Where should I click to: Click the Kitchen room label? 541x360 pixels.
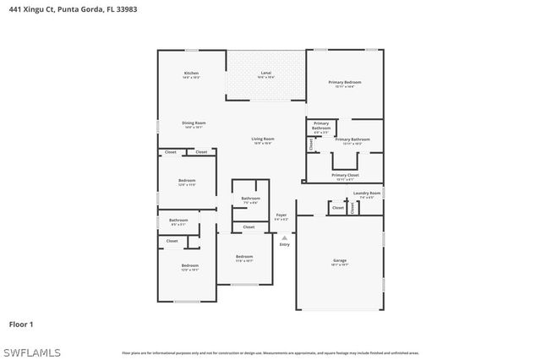tap(191, 74)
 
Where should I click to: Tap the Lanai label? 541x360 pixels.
tap(265, 74)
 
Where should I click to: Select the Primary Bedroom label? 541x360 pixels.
tap(345, 83)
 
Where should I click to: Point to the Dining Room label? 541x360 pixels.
tap(194, 123)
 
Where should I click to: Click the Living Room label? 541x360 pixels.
tap(262, 139)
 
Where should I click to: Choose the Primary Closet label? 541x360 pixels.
tap(345, 176)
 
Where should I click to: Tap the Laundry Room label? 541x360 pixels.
tap(367, 194)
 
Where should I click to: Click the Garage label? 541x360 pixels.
tap(339, 260)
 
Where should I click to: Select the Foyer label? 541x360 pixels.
tap(281, 215)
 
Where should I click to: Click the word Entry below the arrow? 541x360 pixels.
tap(284, 244)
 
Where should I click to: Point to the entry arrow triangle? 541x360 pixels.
tap(284, 237)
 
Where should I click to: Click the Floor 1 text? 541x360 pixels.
tap(21, 324)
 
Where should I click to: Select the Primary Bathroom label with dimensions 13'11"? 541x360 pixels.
tap(352, 139)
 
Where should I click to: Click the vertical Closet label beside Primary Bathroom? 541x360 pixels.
tap(311, 145)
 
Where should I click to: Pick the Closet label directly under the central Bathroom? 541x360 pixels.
tap(249, 226)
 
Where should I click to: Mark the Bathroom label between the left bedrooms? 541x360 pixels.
tap(178, 221)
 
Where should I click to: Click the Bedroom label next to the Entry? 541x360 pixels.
tap(244, 257)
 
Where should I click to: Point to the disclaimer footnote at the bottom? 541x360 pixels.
tap(270, 352)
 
